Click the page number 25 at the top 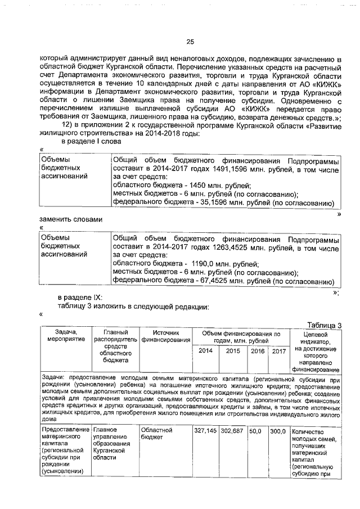point(190,42)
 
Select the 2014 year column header point(206,351)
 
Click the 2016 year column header point(258,351)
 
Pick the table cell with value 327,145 point(205,430)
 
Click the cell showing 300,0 point(277,430)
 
